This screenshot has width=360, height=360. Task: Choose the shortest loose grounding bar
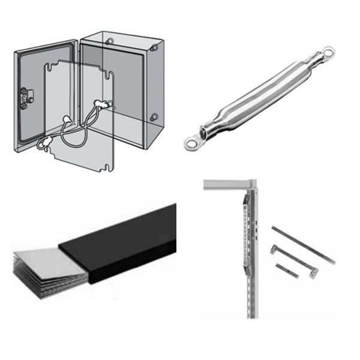pos(287,270)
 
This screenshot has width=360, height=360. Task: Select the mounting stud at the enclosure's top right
pos(155,46)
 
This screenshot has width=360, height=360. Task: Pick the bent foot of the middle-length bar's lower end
pos(312,272)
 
